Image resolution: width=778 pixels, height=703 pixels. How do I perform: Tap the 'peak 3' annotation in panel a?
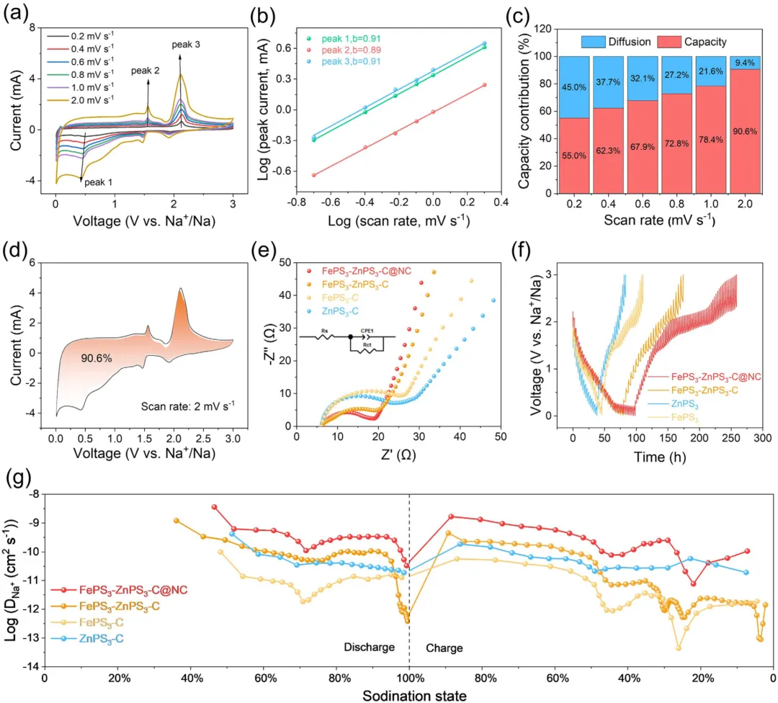coord(186,45)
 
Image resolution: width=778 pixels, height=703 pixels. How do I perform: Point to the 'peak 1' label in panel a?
coord(99,183)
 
